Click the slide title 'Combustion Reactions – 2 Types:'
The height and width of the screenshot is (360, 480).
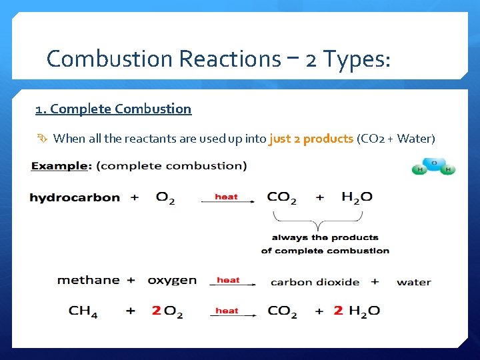pos(219,59)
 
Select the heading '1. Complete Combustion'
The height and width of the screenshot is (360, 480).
pos(113,109)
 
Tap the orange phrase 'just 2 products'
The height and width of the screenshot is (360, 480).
pos(311,139)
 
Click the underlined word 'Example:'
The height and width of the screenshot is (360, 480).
pos(60,166)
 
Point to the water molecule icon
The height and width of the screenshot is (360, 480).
pos(433,167)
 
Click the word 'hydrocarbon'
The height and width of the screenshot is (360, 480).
pos(75,197)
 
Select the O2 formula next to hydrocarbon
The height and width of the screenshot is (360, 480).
pos(165,198)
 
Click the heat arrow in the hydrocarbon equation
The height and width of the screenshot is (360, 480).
pos(227,199)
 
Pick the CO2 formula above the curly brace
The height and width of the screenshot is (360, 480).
pos(282,198)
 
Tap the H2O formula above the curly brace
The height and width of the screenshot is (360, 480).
pos(357,198)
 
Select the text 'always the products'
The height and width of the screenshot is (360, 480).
pos(325,237)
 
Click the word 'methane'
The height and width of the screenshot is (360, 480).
pos(89,281)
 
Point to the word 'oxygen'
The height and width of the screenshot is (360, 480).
pos(172,281)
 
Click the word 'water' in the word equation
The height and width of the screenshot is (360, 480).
pos(413,282)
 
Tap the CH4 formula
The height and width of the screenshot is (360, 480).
pos(83,311)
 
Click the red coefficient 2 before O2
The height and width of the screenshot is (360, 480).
pos(156,311)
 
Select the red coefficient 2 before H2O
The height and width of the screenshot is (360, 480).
pos(338,311)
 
